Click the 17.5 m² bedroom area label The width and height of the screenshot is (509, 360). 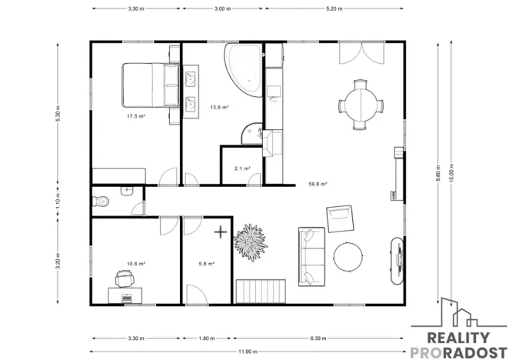tap(135, 116)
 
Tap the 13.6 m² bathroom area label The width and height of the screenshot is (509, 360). tap(219, 107)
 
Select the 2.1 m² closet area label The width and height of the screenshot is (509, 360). tap(242, 168)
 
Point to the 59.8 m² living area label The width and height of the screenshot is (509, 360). tap(318, 184)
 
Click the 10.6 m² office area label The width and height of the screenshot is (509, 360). tap(135, 264)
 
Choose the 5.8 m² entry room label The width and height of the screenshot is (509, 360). tap(207, 264)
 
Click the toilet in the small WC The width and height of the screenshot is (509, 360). tap(100, 202)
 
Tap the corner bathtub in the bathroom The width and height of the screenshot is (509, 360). tap(244, 70)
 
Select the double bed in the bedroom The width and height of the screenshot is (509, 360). tap(151, 85)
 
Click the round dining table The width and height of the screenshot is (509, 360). tap(361, 105)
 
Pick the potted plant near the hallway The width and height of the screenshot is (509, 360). tap(251, 242)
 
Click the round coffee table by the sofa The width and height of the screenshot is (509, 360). tap(348, 257)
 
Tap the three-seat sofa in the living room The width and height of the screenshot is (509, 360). tap(311, 257)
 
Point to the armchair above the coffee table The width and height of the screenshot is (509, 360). tap(340, 218)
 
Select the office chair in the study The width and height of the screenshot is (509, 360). tap(125, 278)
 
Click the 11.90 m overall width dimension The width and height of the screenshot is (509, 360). tap(248, 352)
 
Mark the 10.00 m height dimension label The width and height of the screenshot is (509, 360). tap(451, 172)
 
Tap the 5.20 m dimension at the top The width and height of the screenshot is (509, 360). tap(334, 8)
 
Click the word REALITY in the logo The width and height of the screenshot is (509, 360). tap(458, 338)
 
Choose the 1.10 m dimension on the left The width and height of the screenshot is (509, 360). tap(58, 201)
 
